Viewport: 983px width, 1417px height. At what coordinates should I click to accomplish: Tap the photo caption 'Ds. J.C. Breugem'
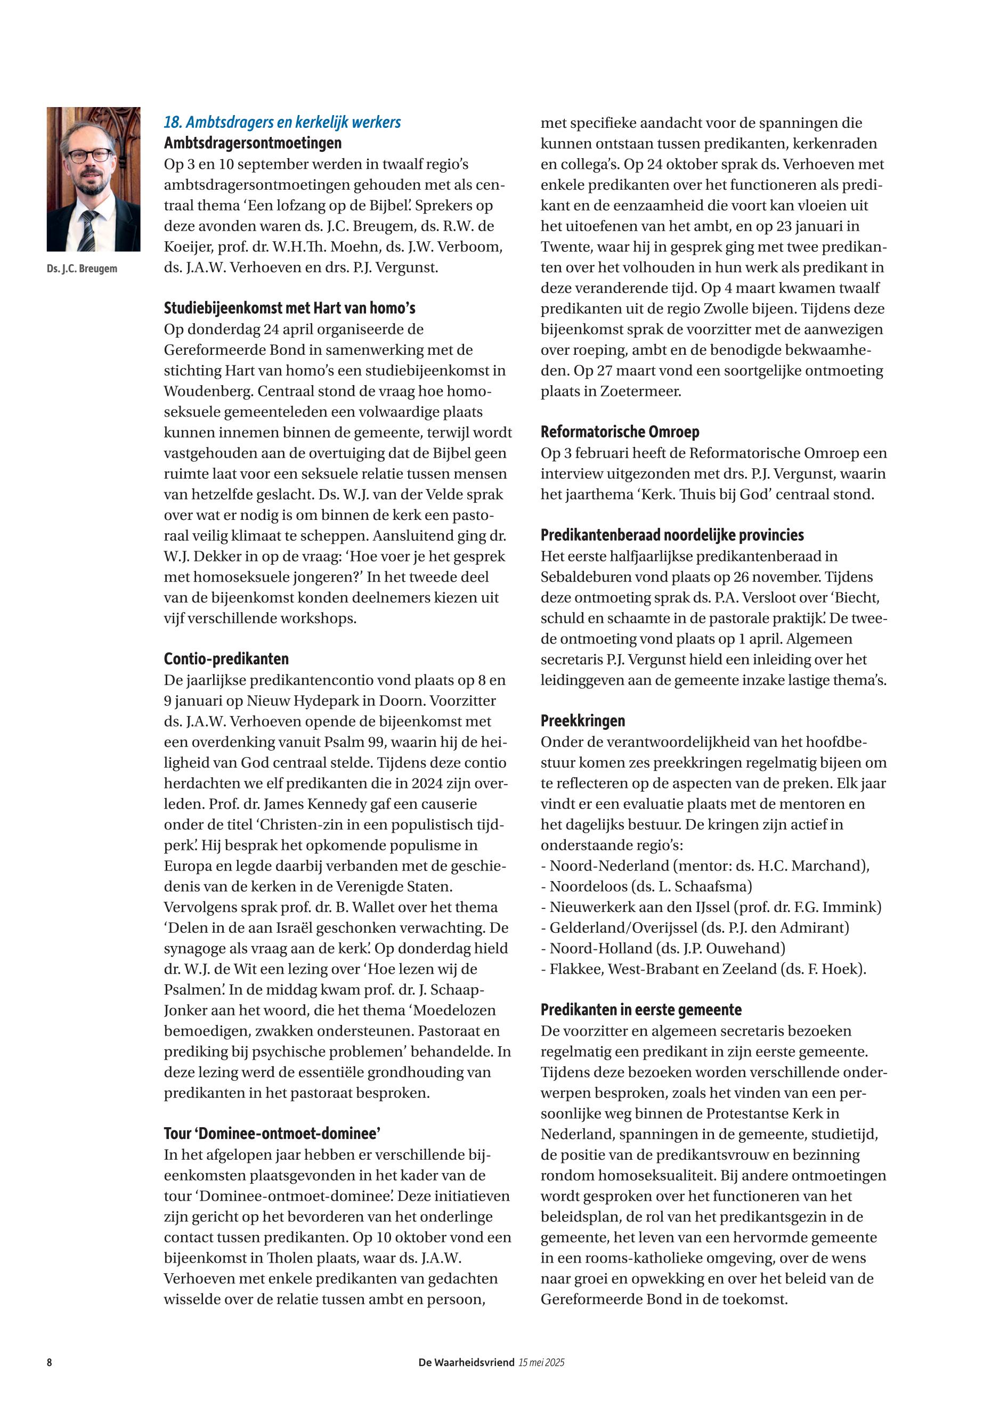click(x=82, y=269)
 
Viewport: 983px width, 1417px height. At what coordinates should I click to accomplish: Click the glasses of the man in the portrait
click(x=90, y=155)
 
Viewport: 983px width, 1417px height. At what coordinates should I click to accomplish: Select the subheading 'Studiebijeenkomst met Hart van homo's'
click(x=289, y=308)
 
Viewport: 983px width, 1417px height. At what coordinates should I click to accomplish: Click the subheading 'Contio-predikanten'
click(x=226, y=659)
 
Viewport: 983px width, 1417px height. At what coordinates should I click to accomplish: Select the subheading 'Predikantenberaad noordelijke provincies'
click(x=672, y=535)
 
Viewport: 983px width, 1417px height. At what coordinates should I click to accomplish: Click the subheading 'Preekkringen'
click(x=583, y=721)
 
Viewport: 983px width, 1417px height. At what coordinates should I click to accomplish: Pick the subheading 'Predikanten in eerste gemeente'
click(x=640, y=1010)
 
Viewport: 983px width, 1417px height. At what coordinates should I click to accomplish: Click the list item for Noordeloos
click(x=646, y=886)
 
